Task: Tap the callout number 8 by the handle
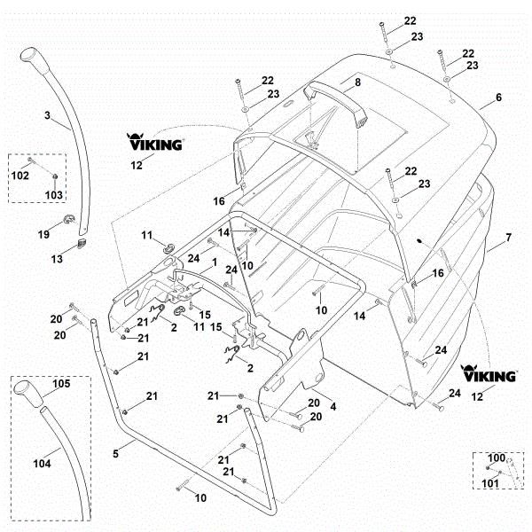click(358, 82)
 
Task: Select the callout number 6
click(497, 98)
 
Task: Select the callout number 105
click(61, 384)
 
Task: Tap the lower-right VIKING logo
click(489, 373)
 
